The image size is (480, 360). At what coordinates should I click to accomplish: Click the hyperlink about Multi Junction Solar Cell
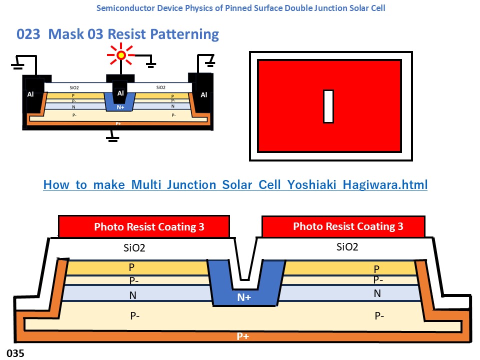pos(235,185)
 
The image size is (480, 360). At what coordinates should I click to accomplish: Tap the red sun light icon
pos(121,54)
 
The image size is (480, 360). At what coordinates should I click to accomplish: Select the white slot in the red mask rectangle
pos(328,106)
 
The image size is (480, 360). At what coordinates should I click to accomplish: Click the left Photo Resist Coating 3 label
pos(149,227)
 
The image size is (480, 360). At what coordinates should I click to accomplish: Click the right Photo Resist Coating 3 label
pos(348,226)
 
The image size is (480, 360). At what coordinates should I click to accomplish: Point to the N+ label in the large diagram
pos(244,297)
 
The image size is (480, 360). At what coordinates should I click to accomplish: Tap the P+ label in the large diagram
pos(243,336)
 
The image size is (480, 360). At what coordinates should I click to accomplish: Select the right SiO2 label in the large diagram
pos(347,246)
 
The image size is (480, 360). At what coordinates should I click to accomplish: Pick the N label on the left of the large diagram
pos(132,295)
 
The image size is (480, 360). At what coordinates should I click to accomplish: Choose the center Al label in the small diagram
pos(120,93)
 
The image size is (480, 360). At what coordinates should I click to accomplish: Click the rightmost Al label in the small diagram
pos(204,94)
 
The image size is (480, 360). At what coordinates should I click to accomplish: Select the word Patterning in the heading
pos(189,34)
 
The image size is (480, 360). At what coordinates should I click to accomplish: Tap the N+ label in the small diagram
pos(120,107)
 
